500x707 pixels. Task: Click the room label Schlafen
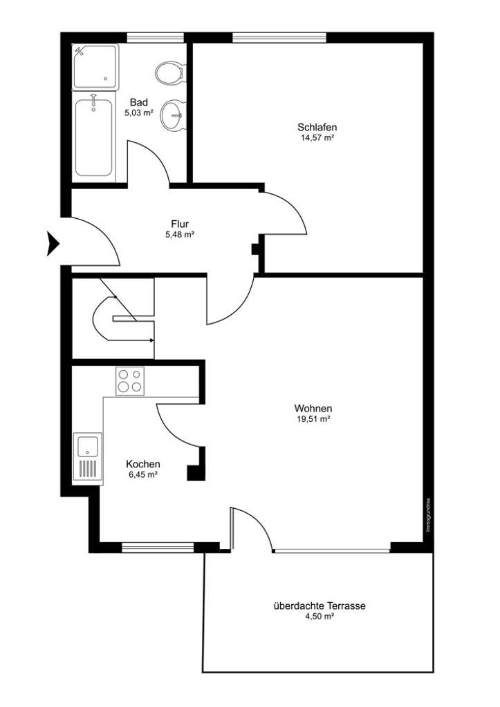pos(317,127)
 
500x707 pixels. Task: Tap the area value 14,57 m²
pos(317,138)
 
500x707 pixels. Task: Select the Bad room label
pos(138,102)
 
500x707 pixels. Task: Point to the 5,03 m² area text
pos(138,113)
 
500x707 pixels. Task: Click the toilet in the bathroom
pos(169,72)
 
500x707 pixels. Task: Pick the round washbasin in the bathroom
pos(172,115)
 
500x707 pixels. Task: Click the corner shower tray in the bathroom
pos(95,66)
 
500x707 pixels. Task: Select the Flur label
pos(180,224)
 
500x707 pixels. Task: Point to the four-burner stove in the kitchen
pos(130,381)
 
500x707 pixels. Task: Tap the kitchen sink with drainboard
pos(88,456)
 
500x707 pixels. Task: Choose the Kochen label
pos(143,464)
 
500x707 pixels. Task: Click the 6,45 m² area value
pos(143,475)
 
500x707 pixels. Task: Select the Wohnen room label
pos(313,407)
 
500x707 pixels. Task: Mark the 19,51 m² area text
pos(313,418)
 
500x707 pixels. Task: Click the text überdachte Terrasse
pos(319,606)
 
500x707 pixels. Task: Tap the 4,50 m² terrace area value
pos(319,617)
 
